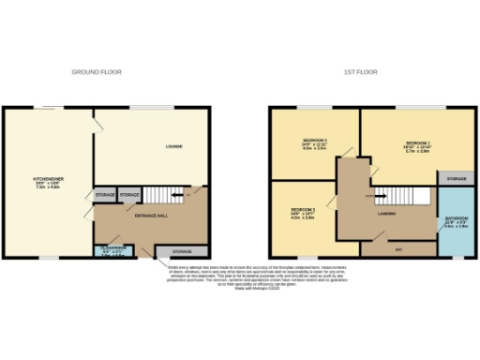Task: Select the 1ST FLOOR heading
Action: pos(361,71)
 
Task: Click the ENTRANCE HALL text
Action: pos(151,216)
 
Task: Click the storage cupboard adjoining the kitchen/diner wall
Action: pos(105,195)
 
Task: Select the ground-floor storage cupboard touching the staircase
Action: pos(129,195)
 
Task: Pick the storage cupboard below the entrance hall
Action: pos(181,251)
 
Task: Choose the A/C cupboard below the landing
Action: pos(398,249)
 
